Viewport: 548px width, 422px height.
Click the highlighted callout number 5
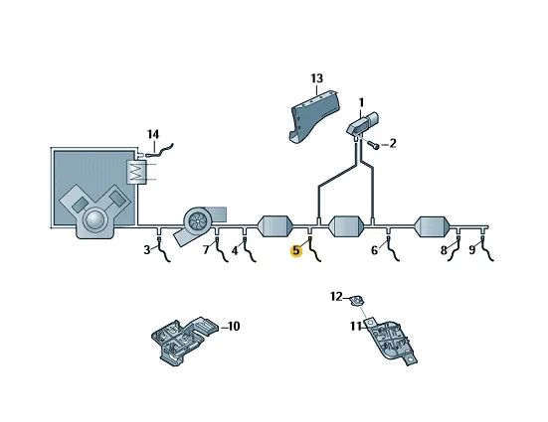coord(296,250)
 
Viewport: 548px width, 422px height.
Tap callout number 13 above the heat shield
coord(317,78)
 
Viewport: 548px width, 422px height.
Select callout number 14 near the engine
coord(153,134)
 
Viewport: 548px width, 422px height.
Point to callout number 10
coord(234,327)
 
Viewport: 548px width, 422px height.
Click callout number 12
coord(337,297)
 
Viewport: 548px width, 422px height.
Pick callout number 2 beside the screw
coord(393,143)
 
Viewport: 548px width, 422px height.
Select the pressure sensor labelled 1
coord(363,123)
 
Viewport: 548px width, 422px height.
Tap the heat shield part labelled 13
coord(313,115)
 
